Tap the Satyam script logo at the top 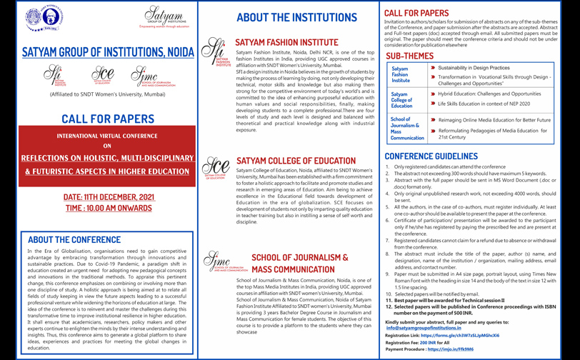pyautogui.click(x=164, y=16)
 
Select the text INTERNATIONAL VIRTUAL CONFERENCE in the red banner pyautogui.click(x=106, y=135)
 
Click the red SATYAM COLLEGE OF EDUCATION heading pyautogui.click(x=295, y=161)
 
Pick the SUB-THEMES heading pyautogui.click(x=409, y=56)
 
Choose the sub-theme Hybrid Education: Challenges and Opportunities pyautogui.click(x=479, y=94)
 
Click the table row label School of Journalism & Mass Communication pyautogui.click(x=406, y=129)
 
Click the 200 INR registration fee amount pyautogui.click(x=427, y=343)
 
